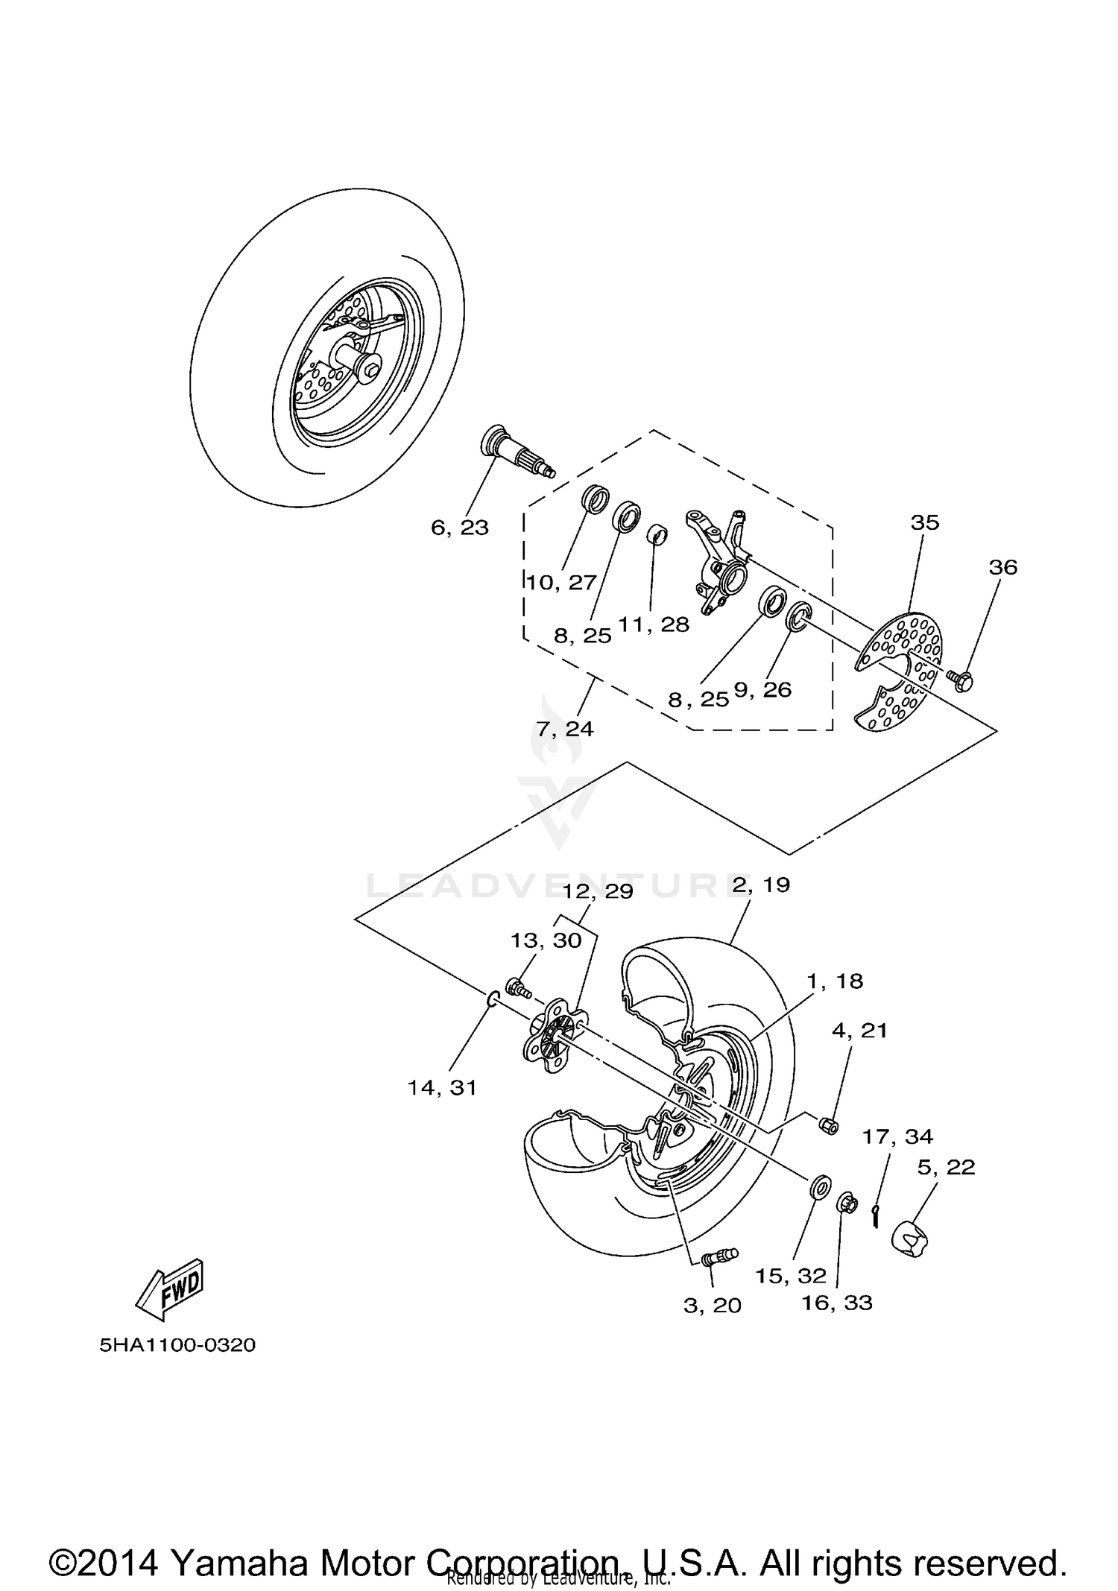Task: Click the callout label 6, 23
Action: pos(459,528)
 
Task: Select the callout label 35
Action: pos(924,522)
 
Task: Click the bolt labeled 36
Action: pos(961,679)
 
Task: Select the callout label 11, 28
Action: pos(654,624)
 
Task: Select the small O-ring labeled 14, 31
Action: pos(492,999)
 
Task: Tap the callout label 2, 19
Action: pos(760,885)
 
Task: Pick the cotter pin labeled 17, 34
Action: pos(877,1215)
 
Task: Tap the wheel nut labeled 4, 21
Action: pos(829,1123)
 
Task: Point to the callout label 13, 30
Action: pos(546,940)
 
